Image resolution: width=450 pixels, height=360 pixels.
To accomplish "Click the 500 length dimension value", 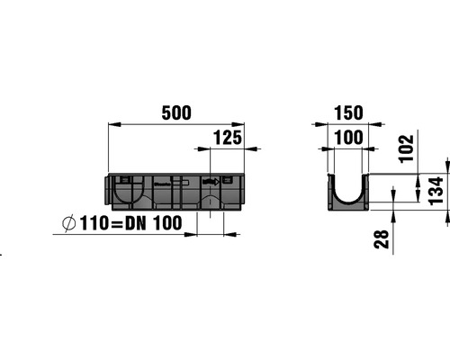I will tap(176, 112).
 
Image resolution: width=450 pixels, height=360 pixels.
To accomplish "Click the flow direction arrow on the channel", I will tap(210, 183).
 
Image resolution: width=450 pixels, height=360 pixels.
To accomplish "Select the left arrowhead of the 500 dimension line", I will tap(112, 125).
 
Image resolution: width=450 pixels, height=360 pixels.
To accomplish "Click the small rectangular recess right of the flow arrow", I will tap(227, 183).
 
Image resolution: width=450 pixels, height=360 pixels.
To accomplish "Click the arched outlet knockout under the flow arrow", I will tap(210, 200).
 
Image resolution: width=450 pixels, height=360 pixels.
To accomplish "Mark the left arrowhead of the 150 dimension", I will tap(328, 125).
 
